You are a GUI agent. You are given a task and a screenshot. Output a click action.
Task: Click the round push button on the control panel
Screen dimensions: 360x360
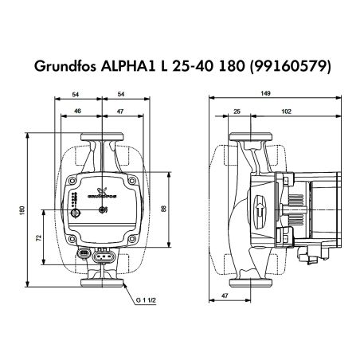[x=102, y=210]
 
